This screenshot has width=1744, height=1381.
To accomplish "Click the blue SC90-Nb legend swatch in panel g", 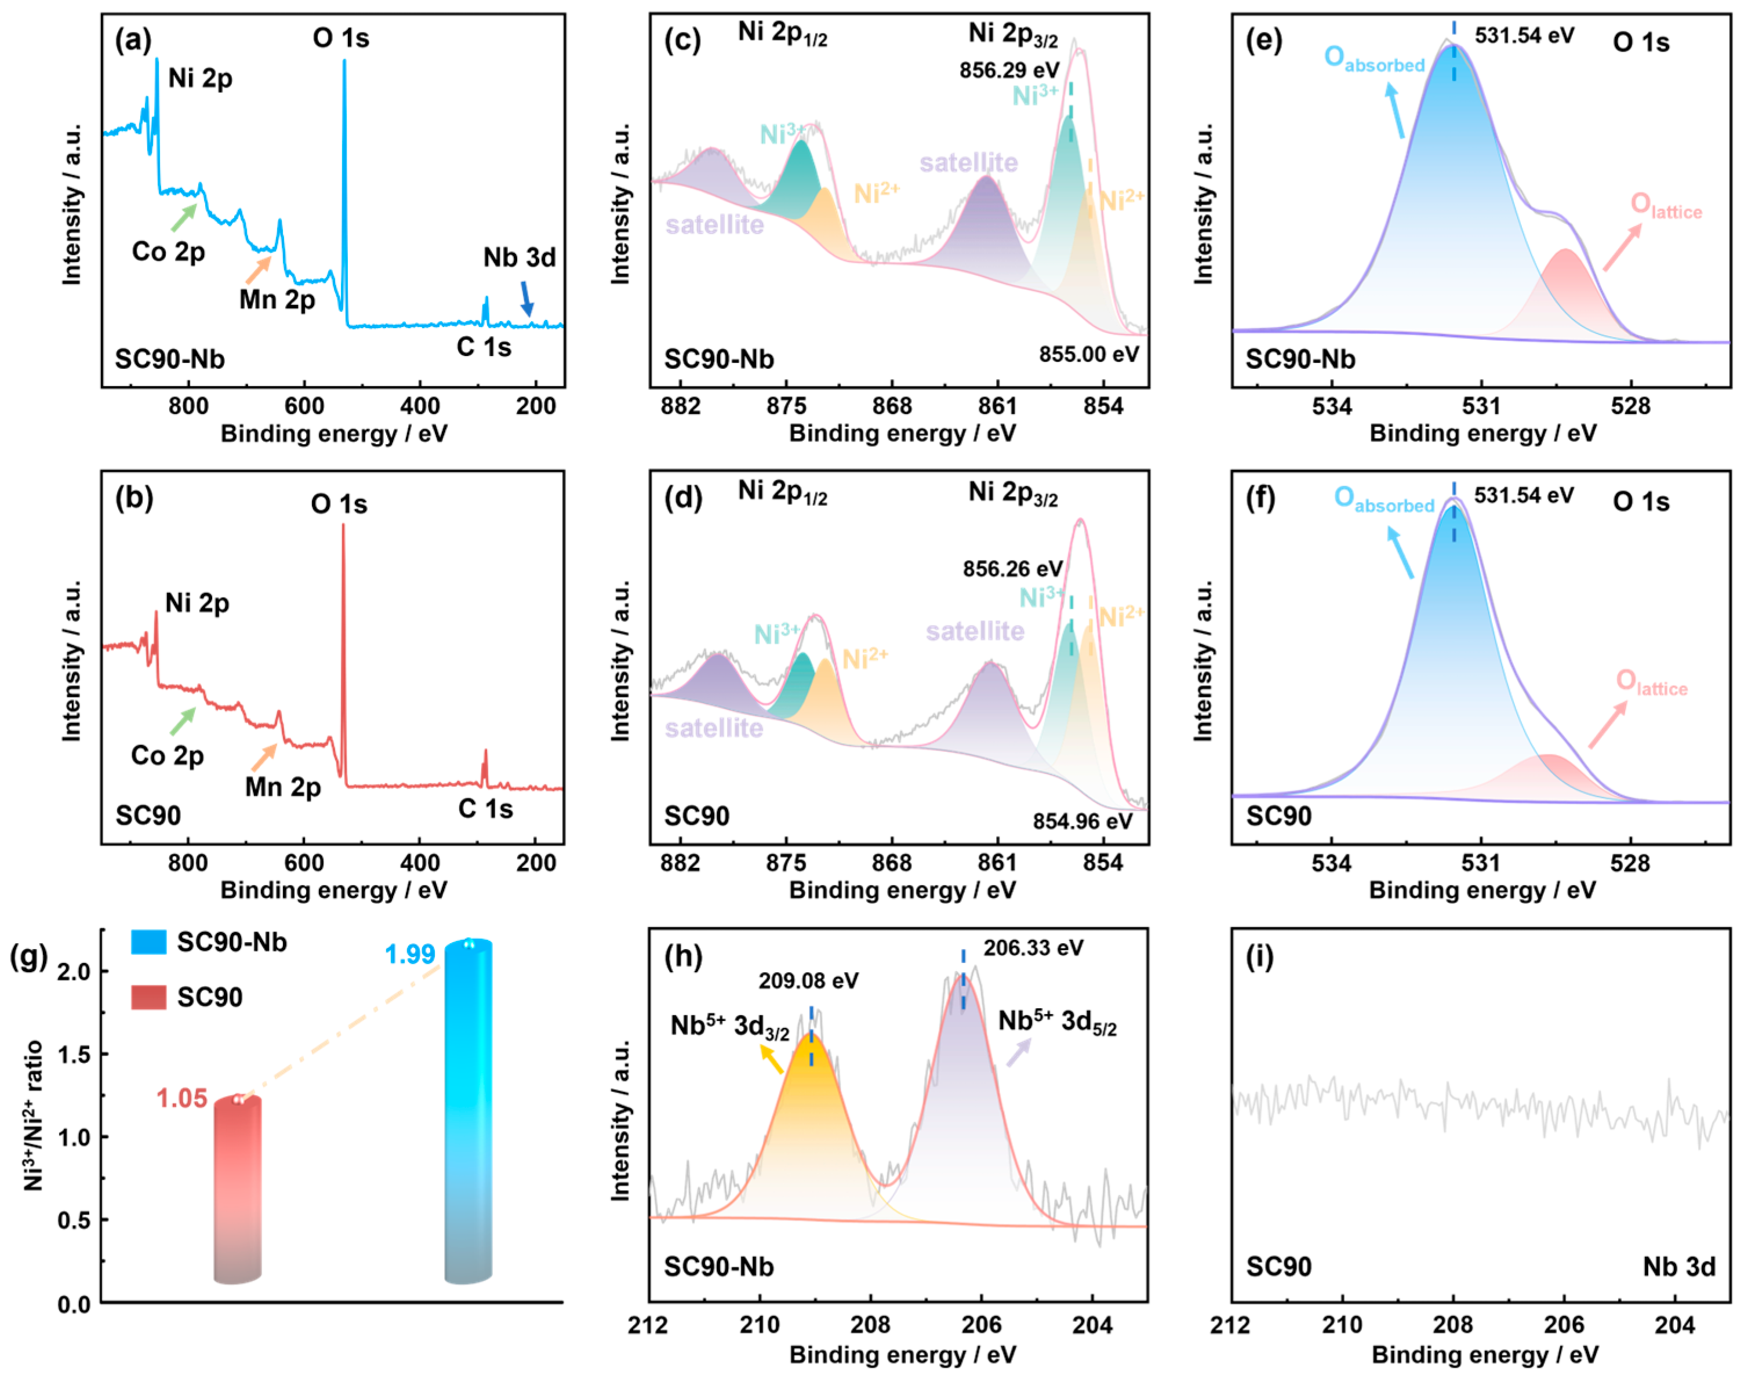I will [149, 942].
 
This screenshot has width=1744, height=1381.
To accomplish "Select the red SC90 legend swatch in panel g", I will [149, 997].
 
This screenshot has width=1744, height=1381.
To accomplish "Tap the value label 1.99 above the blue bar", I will [410, 955].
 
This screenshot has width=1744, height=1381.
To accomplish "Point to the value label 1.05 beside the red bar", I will [182, 1098].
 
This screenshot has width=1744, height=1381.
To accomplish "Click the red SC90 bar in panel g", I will [238, 1189].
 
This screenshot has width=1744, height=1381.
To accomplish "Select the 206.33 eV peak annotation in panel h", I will [1033, 947].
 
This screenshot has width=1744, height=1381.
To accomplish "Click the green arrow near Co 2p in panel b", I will [183, 722].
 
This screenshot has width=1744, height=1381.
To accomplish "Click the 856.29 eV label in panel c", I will [1009, 70].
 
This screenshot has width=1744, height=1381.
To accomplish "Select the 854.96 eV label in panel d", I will [1082, 822].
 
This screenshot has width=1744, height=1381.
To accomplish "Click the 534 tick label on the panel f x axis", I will [1332, 863].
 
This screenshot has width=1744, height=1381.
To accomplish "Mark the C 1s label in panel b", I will [485, 809].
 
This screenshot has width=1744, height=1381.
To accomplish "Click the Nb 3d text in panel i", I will [1678, 1266].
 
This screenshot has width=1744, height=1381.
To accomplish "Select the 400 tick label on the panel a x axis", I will [420, 406].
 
